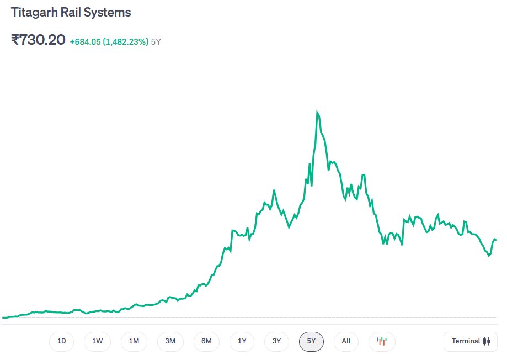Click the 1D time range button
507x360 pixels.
(x=62, y=341)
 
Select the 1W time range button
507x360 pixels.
(x=97, y=341)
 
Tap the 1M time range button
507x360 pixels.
(x=134, y=341)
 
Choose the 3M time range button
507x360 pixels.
(x=170, y=341)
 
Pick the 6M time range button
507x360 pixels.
(x=206, y=341)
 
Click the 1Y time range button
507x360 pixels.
(x=242, y=341)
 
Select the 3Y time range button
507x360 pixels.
(x=277, y=341)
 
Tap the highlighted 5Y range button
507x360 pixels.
(x=311, y=341)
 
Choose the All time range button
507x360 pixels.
(x=346, y=341)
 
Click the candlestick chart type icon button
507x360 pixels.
(x=382, y=341)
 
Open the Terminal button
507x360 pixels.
(x=471, y=341)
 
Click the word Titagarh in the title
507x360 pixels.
(x=33, y=12)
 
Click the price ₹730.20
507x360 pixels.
(x=38, y=40)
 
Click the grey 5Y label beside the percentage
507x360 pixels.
(x=156, y=41)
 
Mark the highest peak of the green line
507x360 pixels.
(x=317, y=112)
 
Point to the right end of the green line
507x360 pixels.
(x=495, y=240)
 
